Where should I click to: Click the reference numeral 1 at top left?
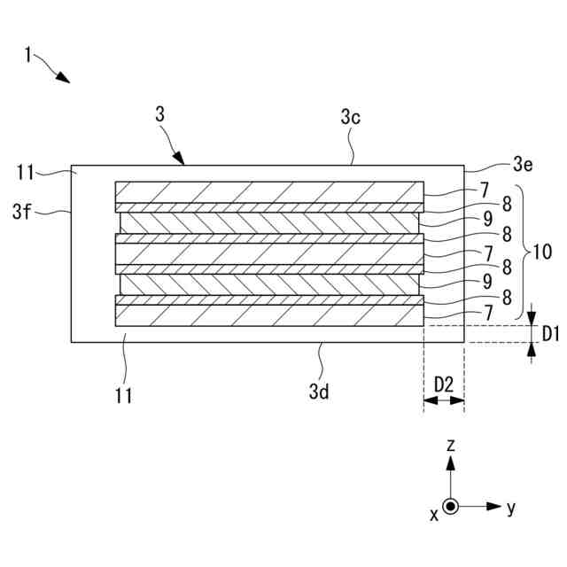point(28,56)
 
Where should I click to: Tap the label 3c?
point(350,117)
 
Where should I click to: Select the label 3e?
point(523,164)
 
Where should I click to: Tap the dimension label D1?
point(548,334)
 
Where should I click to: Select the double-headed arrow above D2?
point(444,400)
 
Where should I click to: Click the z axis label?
point(451,446)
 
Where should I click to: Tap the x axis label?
point(434,514)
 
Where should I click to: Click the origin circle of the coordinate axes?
point(451,507)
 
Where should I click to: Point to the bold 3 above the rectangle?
point(159,116)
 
